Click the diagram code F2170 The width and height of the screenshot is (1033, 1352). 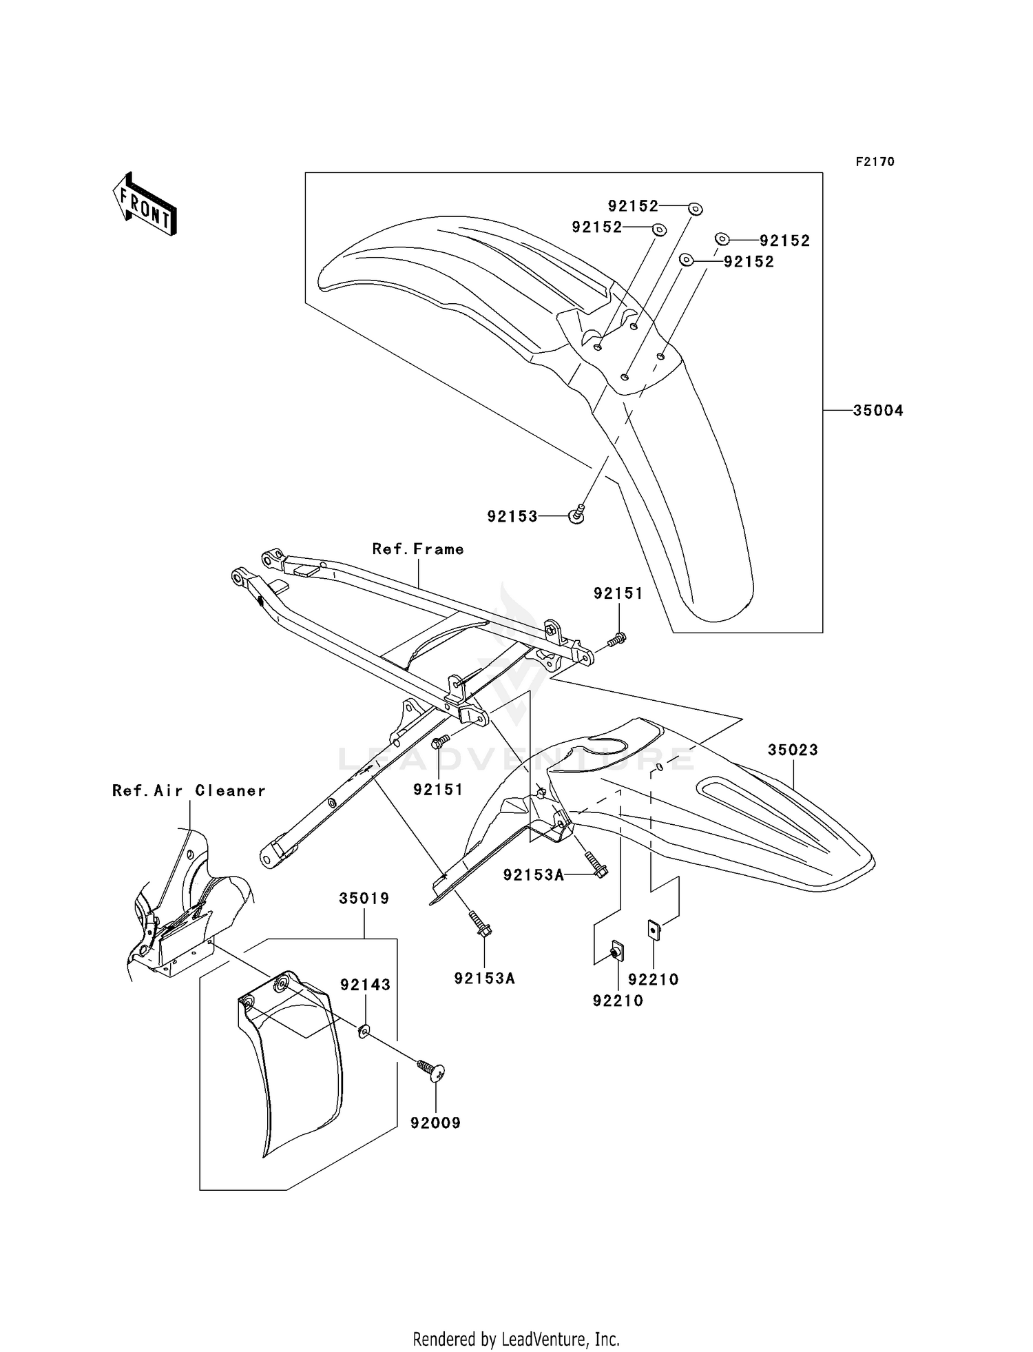[x=875, y=162]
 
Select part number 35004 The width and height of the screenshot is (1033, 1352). [x=877, y=411]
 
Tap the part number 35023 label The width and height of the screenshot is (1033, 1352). [x=793, y=750]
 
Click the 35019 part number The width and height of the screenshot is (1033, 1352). [x=364, y=899]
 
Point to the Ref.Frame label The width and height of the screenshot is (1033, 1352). [x=418, y=549]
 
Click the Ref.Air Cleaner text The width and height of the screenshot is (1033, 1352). [x=189, y=791]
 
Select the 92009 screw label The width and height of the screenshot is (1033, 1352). [x=435, y=1123]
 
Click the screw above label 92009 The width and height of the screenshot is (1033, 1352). [x=432, y=1070]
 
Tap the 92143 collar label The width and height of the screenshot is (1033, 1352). [x=365, y=985]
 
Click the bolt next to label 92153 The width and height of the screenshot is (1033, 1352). [x=577, y=514]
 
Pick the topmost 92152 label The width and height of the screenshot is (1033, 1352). [x=633, y=206]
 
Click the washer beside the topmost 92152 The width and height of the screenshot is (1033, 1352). [x=695, y=207]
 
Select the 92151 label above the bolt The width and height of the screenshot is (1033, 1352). [x=618, y=593]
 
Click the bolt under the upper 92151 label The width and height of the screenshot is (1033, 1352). [x=617, y=640]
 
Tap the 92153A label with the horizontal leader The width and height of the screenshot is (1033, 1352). [x=533, y=875]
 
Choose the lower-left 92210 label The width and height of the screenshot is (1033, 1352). [x=618, y=1001]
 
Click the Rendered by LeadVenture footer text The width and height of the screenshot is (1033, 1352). [x=516, y=1340]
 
